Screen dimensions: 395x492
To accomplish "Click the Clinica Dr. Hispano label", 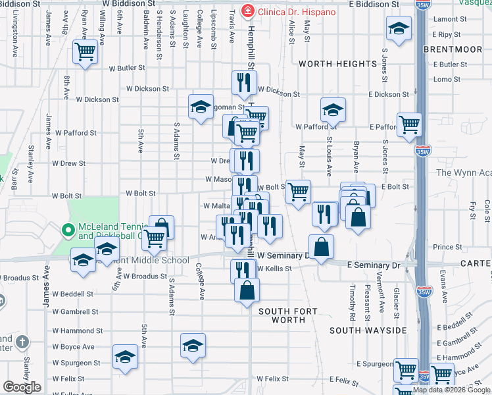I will tap(296, 12).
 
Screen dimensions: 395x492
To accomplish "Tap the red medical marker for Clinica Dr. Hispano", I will tap(247, 11).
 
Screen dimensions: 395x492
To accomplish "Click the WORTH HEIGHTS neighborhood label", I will tap(337, 64).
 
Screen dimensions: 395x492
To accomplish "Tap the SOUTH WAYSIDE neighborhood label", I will tap(368, 330).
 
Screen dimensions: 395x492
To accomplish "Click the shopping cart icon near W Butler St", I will tap(86, 51).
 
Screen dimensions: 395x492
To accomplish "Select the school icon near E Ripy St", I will tap(399, 29).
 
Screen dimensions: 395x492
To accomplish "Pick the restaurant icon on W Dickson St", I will tap(243, 82).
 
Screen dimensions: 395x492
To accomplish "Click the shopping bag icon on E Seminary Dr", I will tap(321, 247).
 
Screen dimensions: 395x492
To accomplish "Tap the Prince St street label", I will tap(447, 247).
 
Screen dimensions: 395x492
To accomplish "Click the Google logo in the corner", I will tap(22, 386).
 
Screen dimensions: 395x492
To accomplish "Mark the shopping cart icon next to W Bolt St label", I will tap(299, 192).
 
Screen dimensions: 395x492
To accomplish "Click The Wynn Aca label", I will tap(464, 173).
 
